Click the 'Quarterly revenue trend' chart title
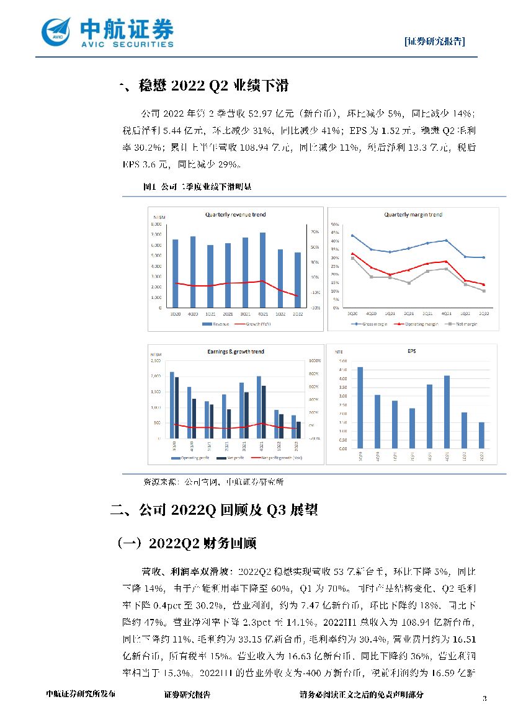pos(235,215)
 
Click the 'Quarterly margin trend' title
pos(413,215)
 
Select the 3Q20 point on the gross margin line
pos(352,236)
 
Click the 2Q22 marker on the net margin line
pos(484,291)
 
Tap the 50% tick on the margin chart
pos(334,224)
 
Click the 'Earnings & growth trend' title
pos(235,352)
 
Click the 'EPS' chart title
pos(412,352)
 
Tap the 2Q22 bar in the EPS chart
pos(481,435)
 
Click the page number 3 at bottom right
pos(484,699)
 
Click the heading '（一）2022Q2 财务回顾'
pos(187,543)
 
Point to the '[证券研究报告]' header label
pos(434,41)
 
